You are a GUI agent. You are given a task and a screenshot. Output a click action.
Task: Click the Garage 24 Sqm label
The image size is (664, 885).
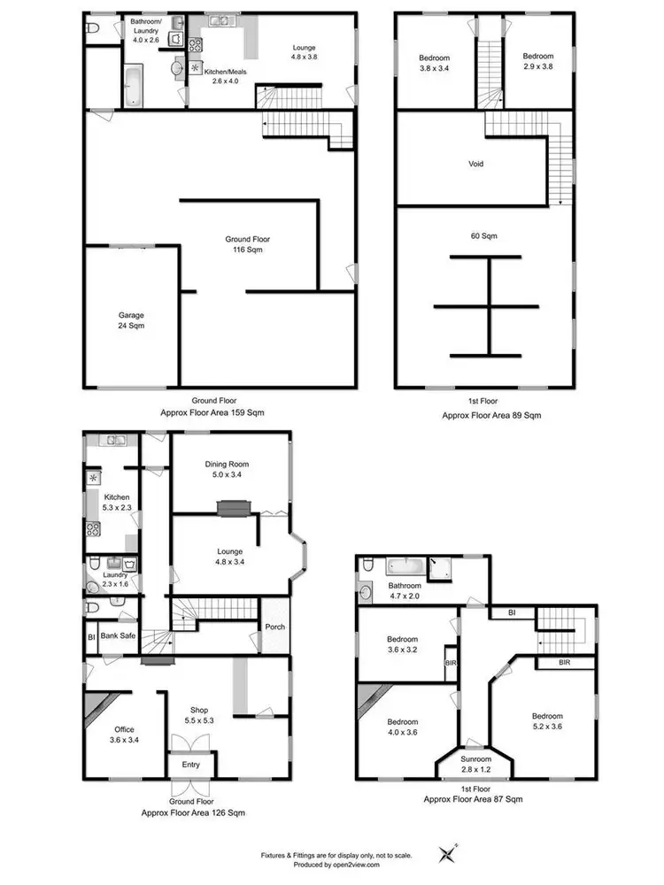pyautogui.click(x=131, y=320)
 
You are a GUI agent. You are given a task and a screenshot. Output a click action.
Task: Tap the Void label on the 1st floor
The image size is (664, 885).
pyautogui.click(x=476, y=164)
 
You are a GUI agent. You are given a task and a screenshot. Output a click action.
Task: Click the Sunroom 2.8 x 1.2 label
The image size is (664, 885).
pyautogui.click(x=475, y=764)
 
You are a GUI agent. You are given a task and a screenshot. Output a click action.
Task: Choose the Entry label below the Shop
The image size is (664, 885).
pyautogui.click(x=191, y=764)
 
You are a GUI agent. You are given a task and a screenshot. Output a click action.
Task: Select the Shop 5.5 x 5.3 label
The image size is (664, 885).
pyautogui.click(x=200, y=715)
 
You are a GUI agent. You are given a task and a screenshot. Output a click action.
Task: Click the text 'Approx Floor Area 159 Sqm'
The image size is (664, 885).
pyautogui.click(x=212, y=413)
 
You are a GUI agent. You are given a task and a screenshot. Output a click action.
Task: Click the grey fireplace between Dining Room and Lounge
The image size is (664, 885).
pyautogui.click(x=235, y=507)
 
